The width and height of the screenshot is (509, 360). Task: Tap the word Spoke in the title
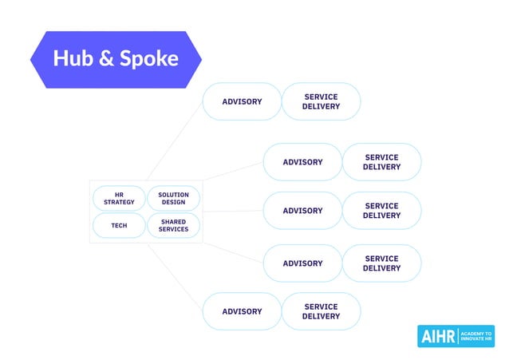(148, 58)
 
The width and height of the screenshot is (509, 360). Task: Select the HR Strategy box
(119, 197)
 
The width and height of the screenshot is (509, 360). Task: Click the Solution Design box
(173, 197)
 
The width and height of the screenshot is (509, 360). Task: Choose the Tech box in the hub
(119, 225)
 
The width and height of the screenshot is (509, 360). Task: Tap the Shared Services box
(173, 225)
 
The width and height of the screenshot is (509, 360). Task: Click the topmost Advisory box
(242, 101)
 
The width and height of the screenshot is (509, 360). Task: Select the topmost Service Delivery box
(321, 101)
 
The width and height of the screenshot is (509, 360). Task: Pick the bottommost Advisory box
(242, 311)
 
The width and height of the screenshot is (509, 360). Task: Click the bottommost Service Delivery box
(321, 311)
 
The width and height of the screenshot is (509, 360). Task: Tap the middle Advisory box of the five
(302, 211)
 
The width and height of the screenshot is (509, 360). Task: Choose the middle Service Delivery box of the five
(381, 211)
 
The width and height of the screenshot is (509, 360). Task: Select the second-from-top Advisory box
(302, 162)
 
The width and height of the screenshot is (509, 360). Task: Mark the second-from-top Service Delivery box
(381, 162)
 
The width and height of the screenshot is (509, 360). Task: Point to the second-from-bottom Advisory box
(302, 263)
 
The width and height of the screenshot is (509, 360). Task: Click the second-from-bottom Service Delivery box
(381, 263)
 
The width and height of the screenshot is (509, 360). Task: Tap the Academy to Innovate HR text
(476, 337)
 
